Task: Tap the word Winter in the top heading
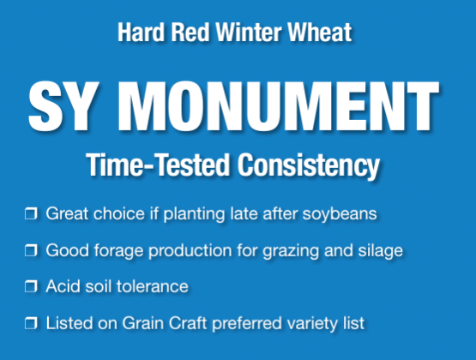pos(249,32)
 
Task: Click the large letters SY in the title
pos(63,106)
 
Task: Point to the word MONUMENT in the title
pos(279,106)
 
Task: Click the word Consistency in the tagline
pos(309,165)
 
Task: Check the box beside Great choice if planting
pos(31,213)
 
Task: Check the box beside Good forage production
pos(31,250)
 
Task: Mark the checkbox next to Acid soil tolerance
pos(31,286)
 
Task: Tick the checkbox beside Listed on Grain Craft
pos(31,323)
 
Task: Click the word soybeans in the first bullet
pos(340,214)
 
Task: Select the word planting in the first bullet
pos(195,214)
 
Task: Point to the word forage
pos(118,251)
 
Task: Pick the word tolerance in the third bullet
pos(153,286)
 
